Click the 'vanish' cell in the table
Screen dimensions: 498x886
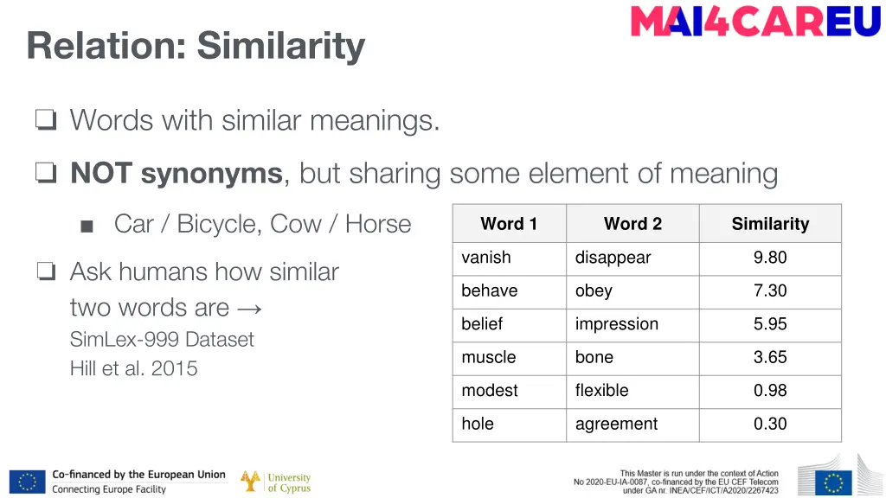point(486,258)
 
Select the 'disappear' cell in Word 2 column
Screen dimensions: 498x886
point(613,258)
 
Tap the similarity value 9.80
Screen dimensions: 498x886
point(770,258)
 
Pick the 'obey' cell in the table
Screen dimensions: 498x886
point(594,291)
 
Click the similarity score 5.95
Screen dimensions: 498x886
point(770,324)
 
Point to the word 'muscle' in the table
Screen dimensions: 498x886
point(489,357)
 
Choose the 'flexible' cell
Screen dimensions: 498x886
point(601,391)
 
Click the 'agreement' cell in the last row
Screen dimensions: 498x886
point(616,424)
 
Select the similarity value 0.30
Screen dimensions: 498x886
point(770,424)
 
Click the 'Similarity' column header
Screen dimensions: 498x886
point(770,224)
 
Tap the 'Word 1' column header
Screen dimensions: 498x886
point(509,224)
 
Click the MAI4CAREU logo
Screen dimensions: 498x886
point(755,22)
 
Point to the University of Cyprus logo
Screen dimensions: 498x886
point(276,482)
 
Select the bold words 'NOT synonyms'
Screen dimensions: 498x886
point(177,174)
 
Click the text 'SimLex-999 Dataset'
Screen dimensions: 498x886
point(162,339)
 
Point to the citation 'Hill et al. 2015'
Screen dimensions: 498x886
point(133,368)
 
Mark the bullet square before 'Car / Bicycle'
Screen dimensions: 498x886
point(86,227)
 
